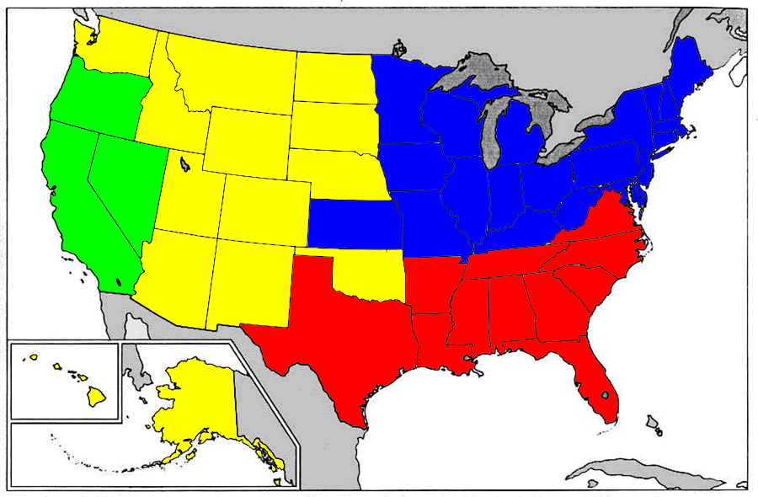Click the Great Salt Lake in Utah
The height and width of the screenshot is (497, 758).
pos(184,163)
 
